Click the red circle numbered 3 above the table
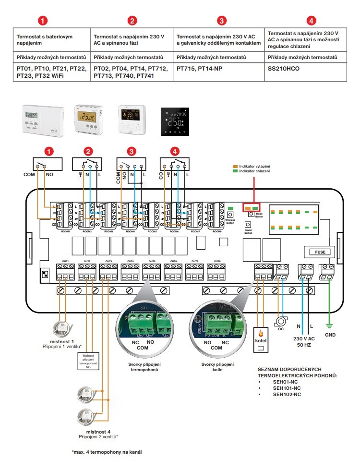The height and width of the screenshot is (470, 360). pyautogui.click(x=221, y=21)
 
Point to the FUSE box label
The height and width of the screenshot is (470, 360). pyautogui.click(x=320, y=252)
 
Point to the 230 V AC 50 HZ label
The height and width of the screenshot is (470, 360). pyautogui.click(x=305, y=342)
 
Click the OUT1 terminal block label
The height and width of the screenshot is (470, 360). pyautogui.click(x=65, y=262)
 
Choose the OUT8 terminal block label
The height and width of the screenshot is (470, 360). pyautogui.click(x=216, y=262)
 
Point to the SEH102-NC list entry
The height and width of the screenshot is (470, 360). pyautogui.click(x=287, y=394)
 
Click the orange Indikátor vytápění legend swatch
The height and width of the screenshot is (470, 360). pyautogui.click(x=235, y=166)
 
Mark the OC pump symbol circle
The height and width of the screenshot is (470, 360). pyautogui.click(x=281, y=321)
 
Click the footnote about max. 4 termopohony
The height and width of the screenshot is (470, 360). pyautogui.click(x=107, y=452)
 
